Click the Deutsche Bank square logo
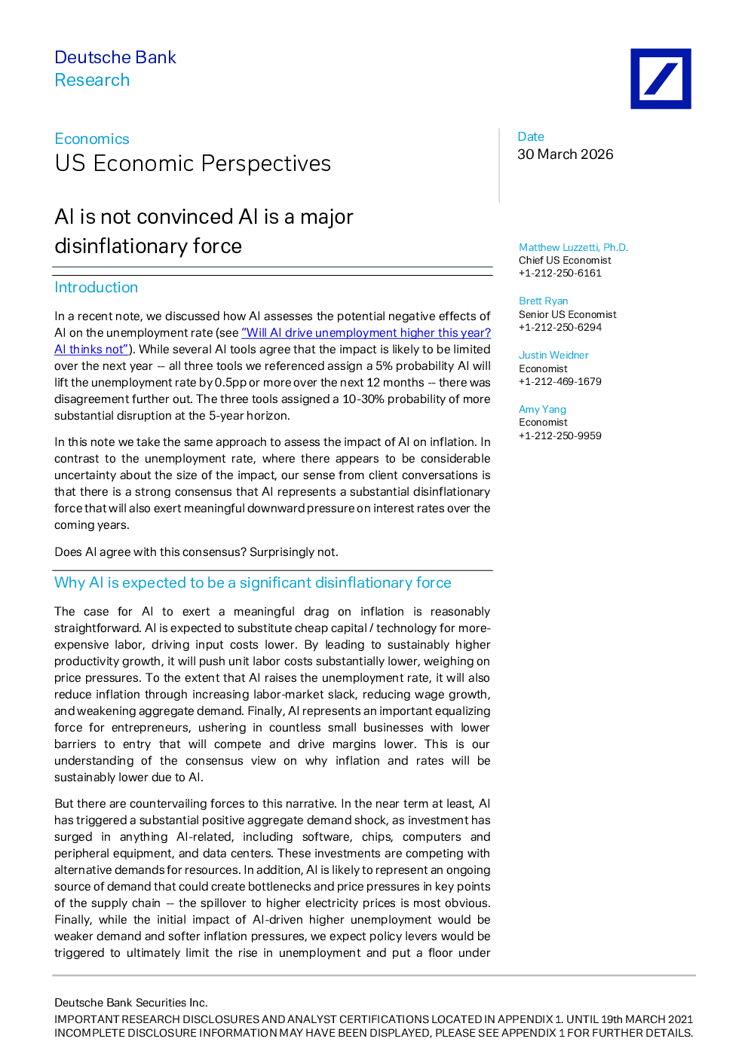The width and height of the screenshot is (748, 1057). (x=661, y=79)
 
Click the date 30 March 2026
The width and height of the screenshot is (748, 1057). (x=565, y=154)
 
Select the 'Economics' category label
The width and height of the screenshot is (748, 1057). (x=91, y=139)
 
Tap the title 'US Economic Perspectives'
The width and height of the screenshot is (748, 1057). (x=193, y=163)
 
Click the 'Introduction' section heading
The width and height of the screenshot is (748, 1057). (x=96, y=287)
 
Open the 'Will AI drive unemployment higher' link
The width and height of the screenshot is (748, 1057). (x=272, y=341)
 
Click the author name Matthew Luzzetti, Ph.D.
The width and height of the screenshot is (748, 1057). (x=573, y=247)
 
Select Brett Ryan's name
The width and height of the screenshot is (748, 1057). (x=543, y=301)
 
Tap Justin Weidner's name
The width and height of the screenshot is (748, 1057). (x=553, y=355)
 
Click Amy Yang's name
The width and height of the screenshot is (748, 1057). (x=542, y=409)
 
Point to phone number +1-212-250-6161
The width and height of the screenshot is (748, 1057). (x=560, y=273)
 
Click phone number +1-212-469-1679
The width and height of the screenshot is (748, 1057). (x=560, y=381)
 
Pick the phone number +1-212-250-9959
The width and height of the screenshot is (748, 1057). (x=560, y=435)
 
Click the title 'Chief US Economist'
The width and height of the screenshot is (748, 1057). (x=565, y=260)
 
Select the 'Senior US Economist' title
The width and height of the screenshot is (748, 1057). (x=568, y=314)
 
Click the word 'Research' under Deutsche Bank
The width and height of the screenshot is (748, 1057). (x=92, y=80)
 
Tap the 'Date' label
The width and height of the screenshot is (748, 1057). (x=531, y=136)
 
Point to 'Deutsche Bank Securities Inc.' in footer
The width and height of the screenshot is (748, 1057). (x=130, y=1002)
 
